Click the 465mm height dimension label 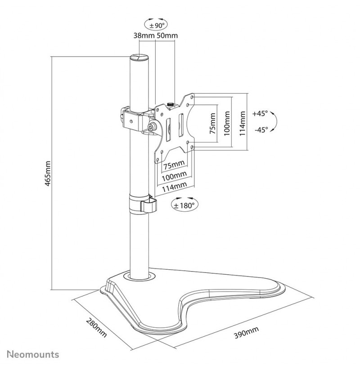click(x=48, y=174)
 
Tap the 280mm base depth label click(x=97, y=328)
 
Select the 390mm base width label click(x=246, y=332)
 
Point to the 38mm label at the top click(x=144, y=36)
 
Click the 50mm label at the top click(x=167, y=36)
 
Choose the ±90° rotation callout click(x=156, y=25)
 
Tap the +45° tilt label click(x=260, y=113)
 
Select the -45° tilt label click(x=261, y=129)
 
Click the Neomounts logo click(x=33, y=354)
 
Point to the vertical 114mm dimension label click(x=243, y=124)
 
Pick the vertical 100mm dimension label click(x=227, y=124)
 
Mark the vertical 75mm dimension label click(x=212, y=124)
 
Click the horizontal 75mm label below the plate click(x=174, y=165)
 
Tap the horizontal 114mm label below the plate click(x=175, y=187)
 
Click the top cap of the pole click(x=139, y=58)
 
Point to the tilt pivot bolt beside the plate click(x=151, y=127)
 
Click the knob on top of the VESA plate click(x=170, y=104)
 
